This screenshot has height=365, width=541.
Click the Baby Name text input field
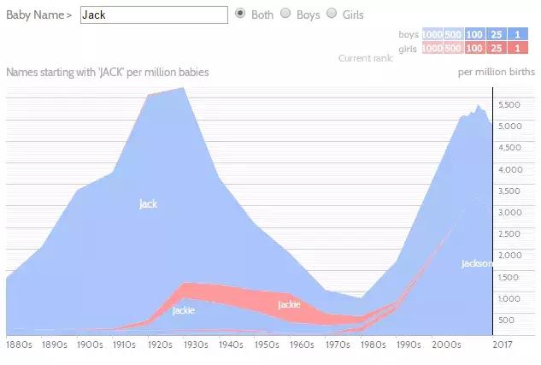[x=154, y=15]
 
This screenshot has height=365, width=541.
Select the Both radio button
[x=241, y=14]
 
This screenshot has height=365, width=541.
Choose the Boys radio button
[x=285, y=14]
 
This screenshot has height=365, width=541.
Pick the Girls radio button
[x=331, y=14]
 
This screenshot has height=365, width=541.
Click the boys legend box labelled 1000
[x=432, y=34]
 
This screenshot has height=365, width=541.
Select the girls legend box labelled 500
[x=454, y=49]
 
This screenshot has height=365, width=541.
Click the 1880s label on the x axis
[x=19, y=345]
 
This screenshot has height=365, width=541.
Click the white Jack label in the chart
[x=148, y=203]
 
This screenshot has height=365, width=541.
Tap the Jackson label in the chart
[x=476, y=263]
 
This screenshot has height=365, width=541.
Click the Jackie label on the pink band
[x=289, y=304]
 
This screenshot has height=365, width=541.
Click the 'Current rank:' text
[x=365, y=58]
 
